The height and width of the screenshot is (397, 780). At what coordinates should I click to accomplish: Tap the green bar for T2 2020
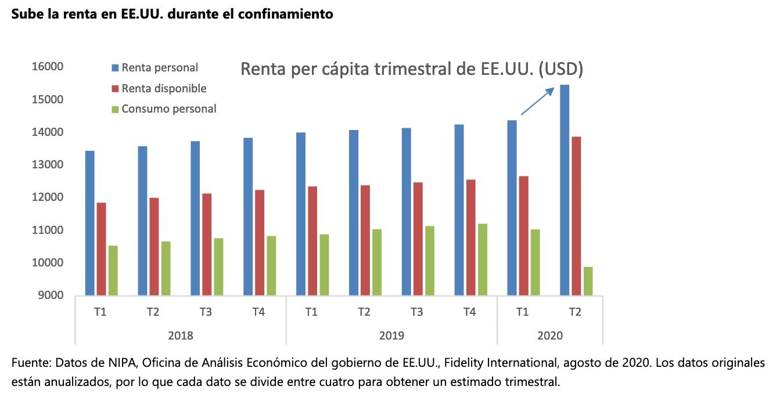tap(588, 281)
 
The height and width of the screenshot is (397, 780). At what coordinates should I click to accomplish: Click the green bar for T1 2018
tap(113, 270)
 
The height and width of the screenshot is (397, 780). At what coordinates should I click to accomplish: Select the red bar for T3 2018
tap(207, 244)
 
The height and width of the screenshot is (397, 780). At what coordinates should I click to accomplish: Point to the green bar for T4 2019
tap(482, 259)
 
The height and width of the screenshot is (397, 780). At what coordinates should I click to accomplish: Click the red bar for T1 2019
tap(312, 241)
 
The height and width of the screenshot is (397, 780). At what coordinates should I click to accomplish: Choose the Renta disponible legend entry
tap(163, 88)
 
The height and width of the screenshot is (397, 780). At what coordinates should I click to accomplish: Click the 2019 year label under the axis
tap(391, 335)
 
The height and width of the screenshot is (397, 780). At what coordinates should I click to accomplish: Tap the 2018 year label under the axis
tap(180, 335)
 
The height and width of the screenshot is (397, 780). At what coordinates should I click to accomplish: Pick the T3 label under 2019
tap(416, 312)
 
